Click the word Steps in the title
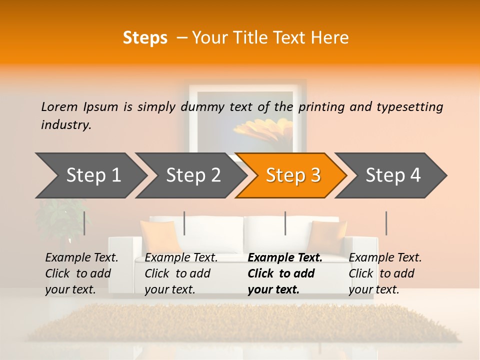coord(145,38)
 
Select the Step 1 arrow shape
coord(90,175)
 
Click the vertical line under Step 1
coord(84,223)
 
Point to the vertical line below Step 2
coord(184,223)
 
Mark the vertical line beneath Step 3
coord(285,223)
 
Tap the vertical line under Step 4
coord(386,223)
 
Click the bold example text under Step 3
coord(284,273)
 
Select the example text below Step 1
coord(81,273)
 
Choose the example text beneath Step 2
coord(181,273)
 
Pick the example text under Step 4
coord(385,273)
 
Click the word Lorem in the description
coord(59,107)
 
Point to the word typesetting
coord(409,107)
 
